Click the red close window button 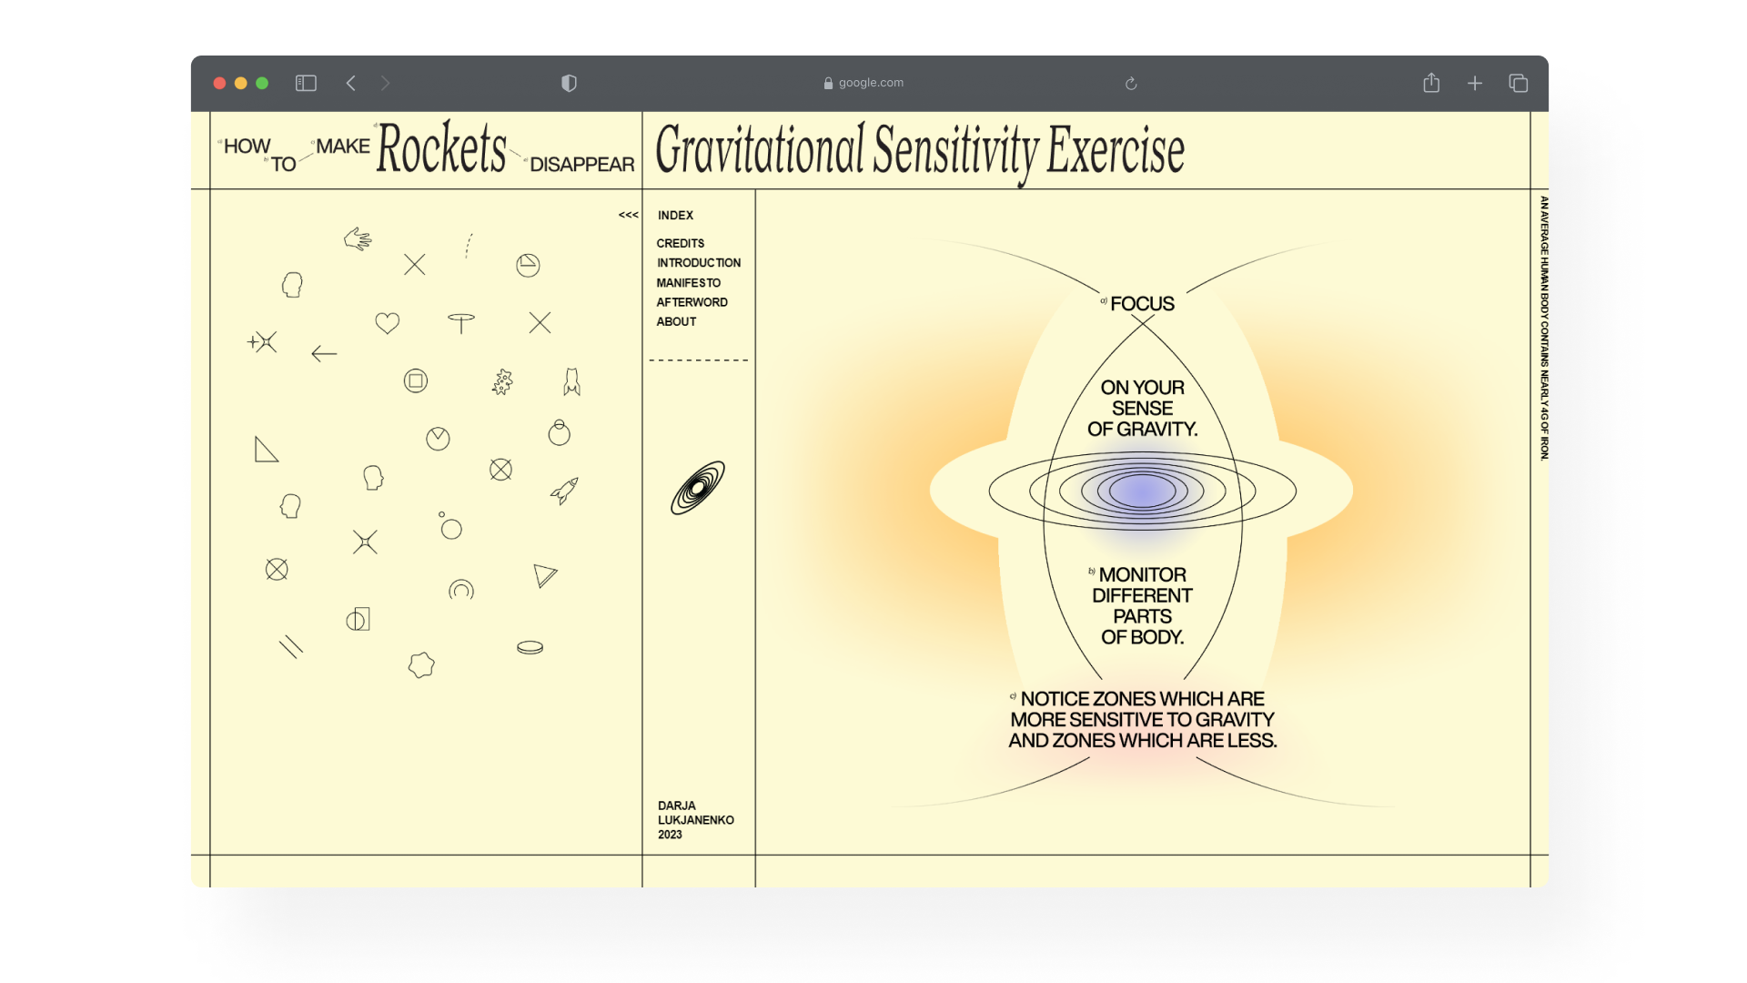[219, 83]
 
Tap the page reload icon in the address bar [1131, 84]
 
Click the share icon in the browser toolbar [1431, 83]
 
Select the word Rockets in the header [441, 148]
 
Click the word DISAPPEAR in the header [581, 165]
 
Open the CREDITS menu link [681, 244]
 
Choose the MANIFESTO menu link [689, 283]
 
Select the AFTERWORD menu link [692, 302]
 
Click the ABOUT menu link [676, 322]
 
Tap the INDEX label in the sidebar [675, 216]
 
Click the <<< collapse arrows [628, 216]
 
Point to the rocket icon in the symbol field [564, 491]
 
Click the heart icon [388, 323]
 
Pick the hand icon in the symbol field [358, 238]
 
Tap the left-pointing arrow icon [324, 354]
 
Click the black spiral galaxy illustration [698, 488]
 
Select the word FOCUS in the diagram [1142, 304]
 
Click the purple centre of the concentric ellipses [1142, 491]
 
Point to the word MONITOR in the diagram [1142, 575]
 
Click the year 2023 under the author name [670, 835]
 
